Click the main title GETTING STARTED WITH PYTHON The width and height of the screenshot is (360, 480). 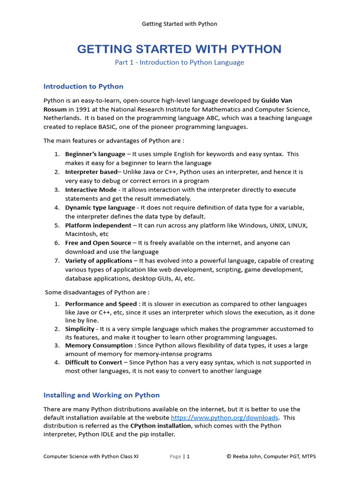coord(180,49)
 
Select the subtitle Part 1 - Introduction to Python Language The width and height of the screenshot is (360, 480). coord(180,62)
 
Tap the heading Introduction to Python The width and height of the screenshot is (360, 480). coord(83,86)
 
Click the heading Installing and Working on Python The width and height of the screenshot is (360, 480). coord(101,395)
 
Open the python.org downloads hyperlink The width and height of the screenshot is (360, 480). coord(225,418)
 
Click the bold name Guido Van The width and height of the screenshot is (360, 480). coord(279,100)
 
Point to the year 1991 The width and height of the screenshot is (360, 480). coord(78,109)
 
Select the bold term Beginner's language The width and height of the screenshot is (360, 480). coord(95,154)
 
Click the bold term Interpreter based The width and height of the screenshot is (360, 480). coord(91,172)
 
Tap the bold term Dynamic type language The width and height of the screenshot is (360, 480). coord(100,208)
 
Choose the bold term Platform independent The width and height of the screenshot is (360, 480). coord(98,225)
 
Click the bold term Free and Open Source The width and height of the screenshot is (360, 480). coord(98,243)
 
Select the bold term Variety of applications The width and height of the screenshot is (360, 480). coord(98,261)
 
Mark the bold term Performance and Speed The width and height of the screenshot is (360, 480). coord(101,304)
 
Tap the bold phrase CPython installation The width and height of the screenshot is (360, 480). coord(160,426)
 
